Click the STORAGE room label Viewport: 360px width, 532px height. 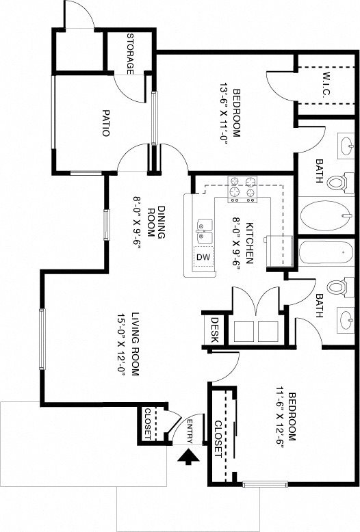(x=130, y=53)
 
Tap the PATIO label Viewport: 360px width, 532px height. (x=106, y=123)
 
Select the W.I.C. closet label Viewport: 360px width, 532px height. (x=326, y=85)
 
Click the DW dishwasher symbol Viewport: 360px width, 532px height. (x=203, y=257)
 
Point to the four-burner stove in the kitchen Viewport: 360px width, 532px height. (x=242, y=189)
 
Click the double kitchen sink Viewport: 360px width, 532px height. (x=204, y=230)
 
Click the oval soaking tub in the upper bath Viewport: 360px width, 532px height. (x=326, y=216)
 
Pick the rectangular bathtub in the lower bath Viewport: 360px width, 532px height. (x=326, y=252)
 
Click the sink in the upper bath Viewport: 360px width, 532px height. (x=346, y=146)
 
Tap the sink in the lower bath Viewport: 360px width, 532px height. (x=346, y=320)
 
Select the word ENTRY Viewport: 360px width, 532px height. (x=190, y=431)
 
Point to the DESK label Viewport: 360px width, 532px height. (x=215, y=330)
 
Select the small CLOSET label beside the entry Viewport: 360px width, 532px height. (x=148, y=424)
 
